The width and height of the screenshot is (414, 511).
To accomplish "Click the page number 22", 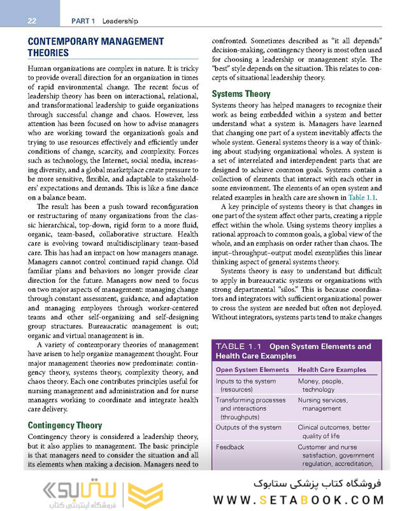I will [x=31, y=20].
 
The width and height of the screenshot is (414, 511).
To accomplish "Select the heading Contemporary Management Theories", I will [x=96, y=47].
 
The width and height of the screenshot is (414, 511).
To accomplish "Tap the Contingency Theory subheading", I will [x=65, y=425].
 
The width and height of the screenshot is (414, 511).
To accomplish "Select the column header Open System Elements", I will [x=252, y=370].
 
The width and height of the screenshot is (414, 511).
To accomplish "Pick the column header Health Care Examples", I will [x=332, y=370].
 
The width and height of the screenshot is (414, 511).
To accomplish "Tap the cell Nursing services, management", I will [x=323, y=405].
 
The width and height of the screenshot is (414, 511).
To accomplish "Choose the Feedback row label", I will [x=230, y=447].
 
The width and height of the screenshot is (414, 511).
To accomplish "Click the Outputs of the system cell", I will [x=248, y=428].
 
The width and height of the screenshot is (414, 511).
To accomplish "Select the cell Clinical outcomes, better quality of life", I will [x=333, y=432].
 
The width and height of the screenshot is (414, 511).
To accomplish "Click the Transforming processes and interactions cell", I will [x=250, y=408].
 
